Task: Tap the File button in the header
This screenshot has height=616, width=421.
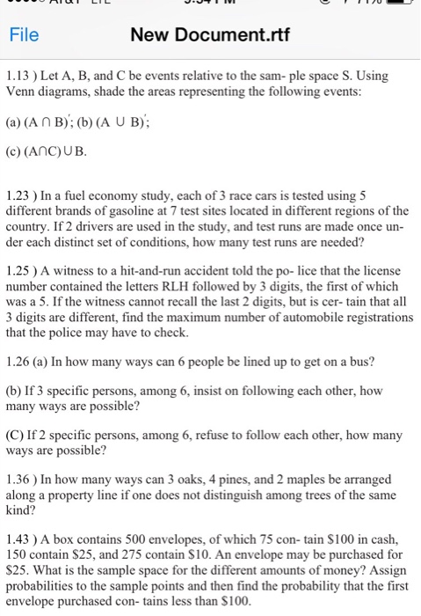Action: (x=24, y=36)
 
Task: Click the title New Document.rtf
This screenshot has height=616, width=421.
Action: (x=209, y=36)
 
